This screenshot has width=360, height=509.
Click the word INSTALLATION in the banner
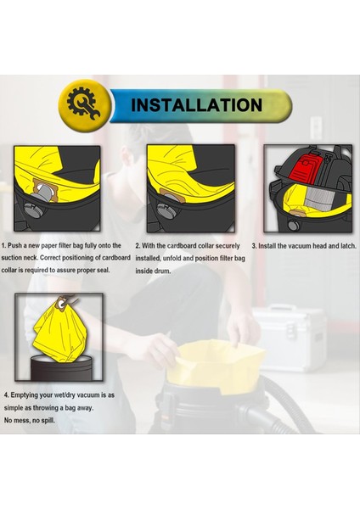coord(196,105)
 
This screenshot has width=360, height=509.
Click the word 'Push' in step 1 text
coord(15,246)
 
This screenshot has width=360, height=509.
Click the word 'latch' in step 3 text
coord(347,246)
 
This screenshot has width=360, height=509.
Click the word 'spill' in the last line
coord(48,421)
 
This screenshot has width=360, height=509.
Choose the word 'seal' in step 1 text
coord(103,270)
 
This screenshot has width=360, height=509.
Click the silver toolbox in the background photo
coord(290,338)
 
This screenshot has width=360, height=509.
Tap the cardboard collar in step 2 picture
coord(172,196)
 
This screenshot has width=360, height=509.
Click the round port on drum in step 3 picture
coord(294,225)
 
